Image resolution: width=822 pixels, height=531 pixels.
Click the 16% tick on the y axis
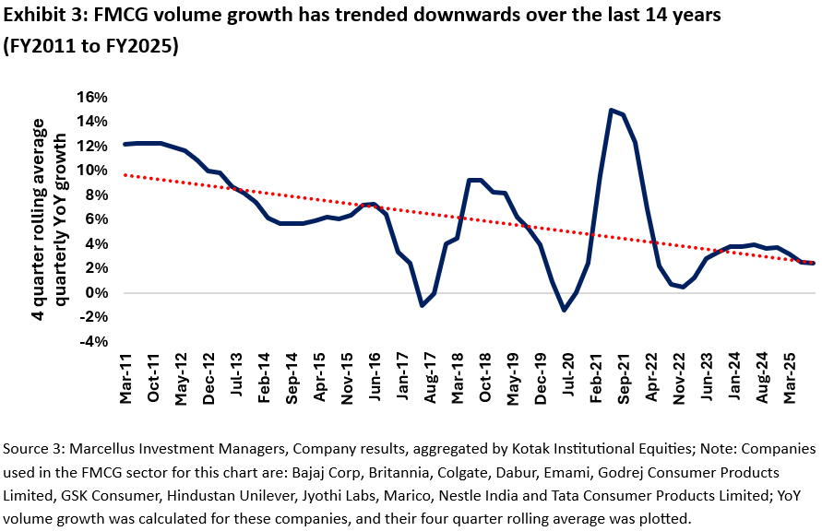point(93,97)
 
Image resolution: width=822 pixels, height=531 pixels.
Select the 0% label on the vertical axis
point(96,292)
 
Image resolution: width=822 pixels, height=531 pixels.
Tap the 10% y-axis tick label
point(93,170)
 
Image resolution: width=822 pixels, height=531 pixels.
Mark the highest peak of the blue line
point(611,110)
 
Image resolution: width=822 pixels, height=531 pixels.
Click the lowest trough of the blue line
point(565,310)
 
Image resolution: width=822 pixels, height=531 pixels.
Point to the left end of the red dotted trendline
point(124,175)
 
